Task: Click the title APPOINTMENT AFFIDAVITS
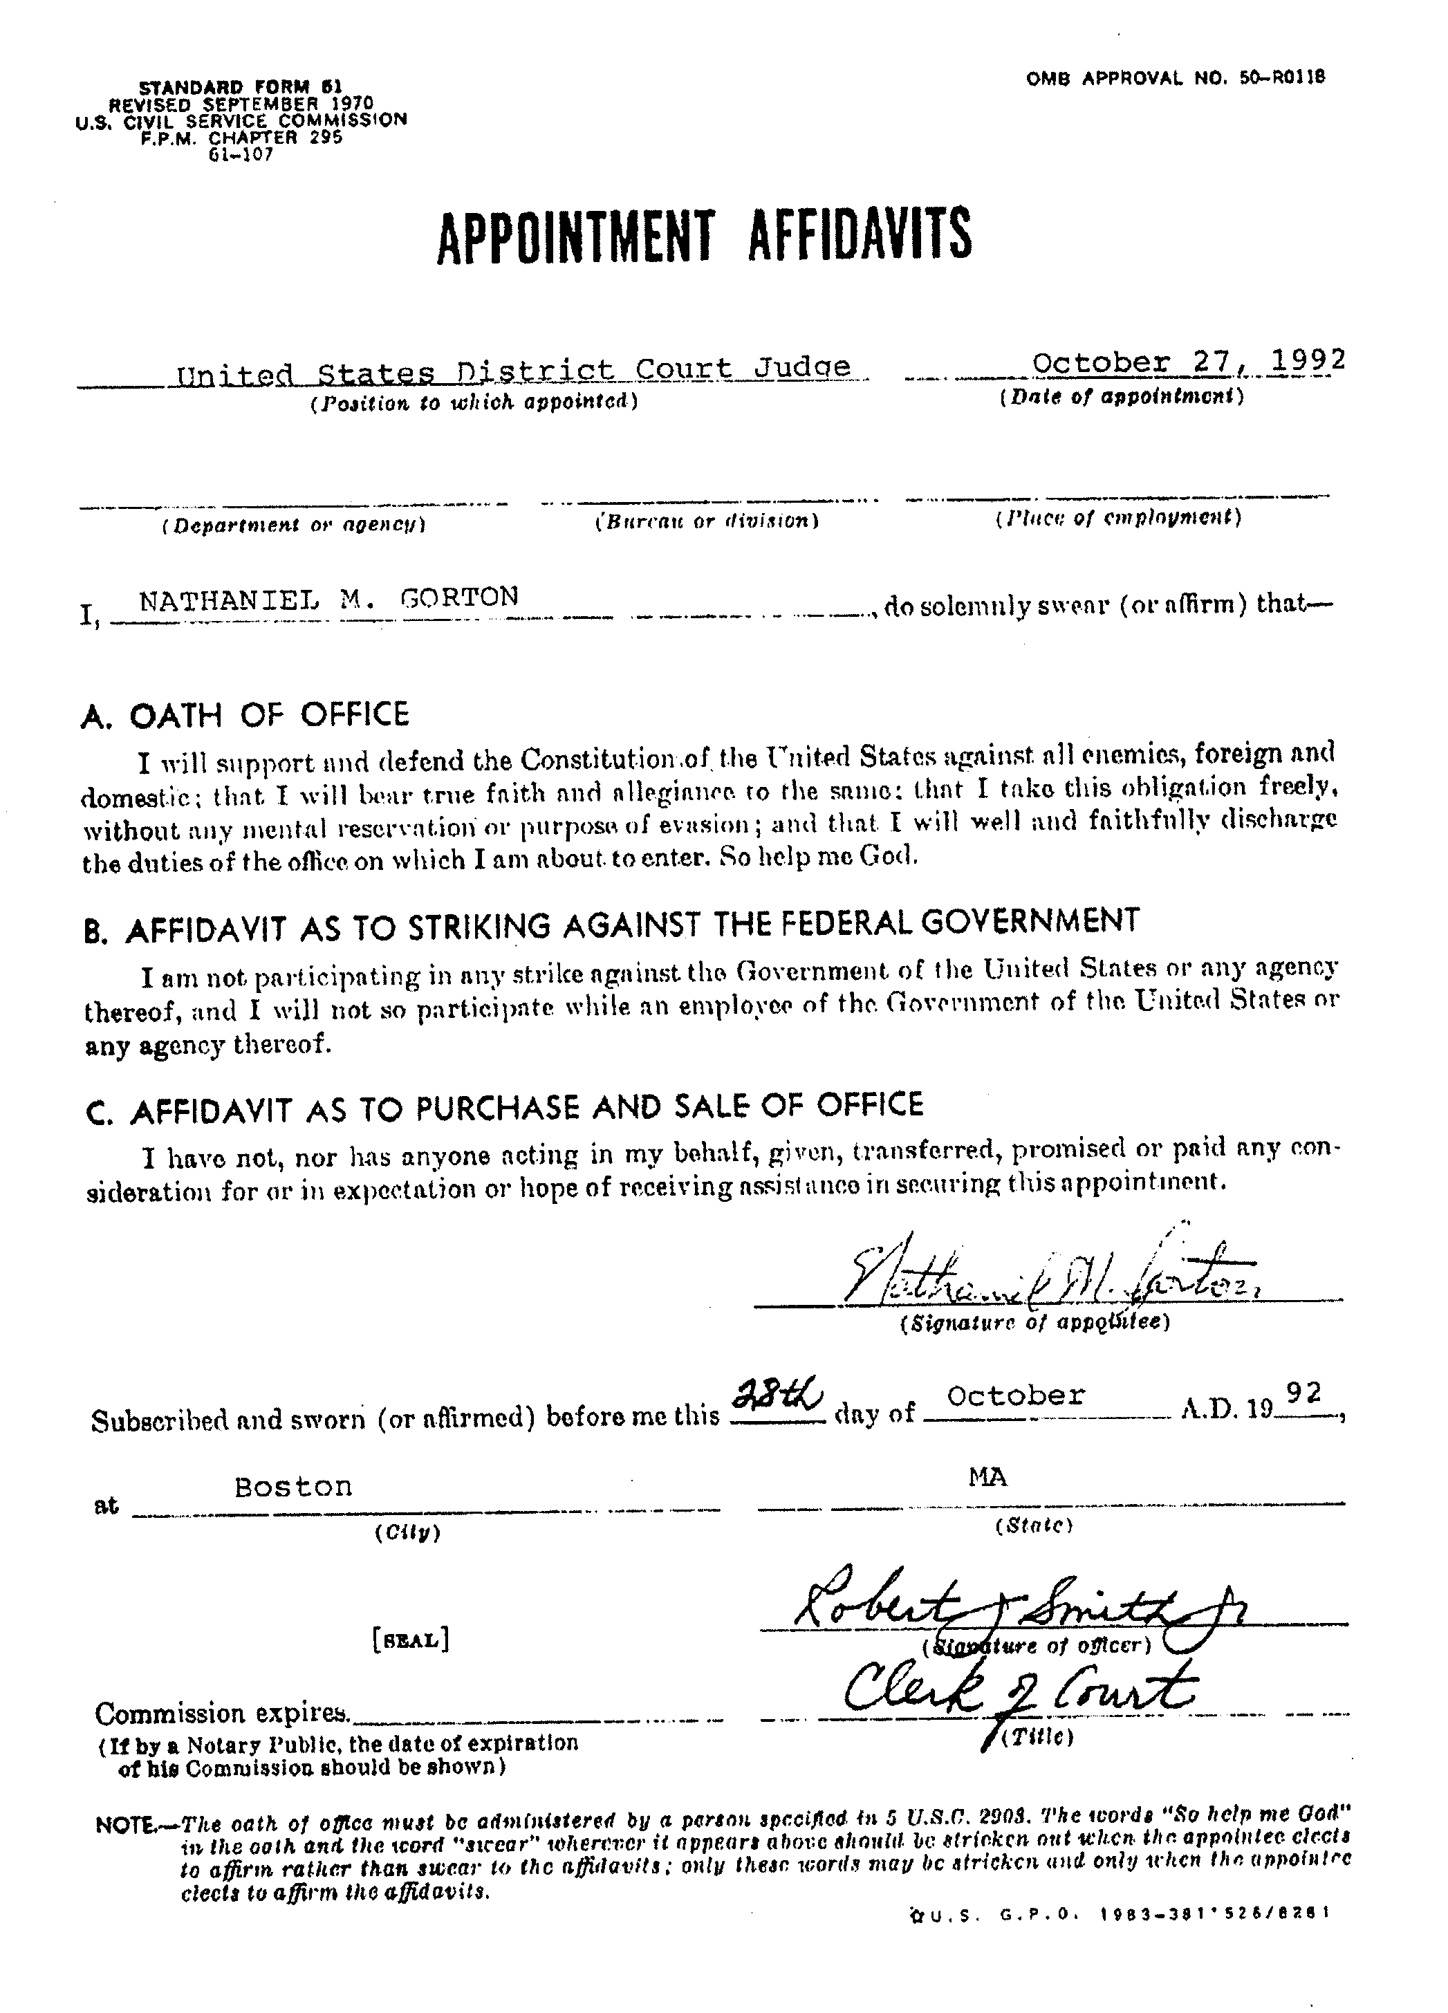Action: click(x=704, y=234)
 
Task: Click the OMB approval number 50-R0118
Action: click(x=1176, y=78)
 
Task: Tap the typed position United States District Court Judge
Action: click(x=513, y=369)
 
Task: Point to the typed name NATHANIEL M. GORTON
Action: click(x=328, y=597)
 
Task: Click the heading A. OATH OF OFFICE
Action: click(x=245, y=714)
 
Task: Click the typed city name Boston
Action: click(x=293, y=1487)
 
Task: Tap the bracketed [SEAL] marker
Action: click(x=410, y=1640)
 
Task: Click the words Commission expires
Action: click(x=221, y=1712)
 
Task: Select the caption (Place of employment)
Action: click(x=1117, y=517)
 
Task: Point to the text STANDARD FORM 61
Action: click(x=241, y=87)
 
